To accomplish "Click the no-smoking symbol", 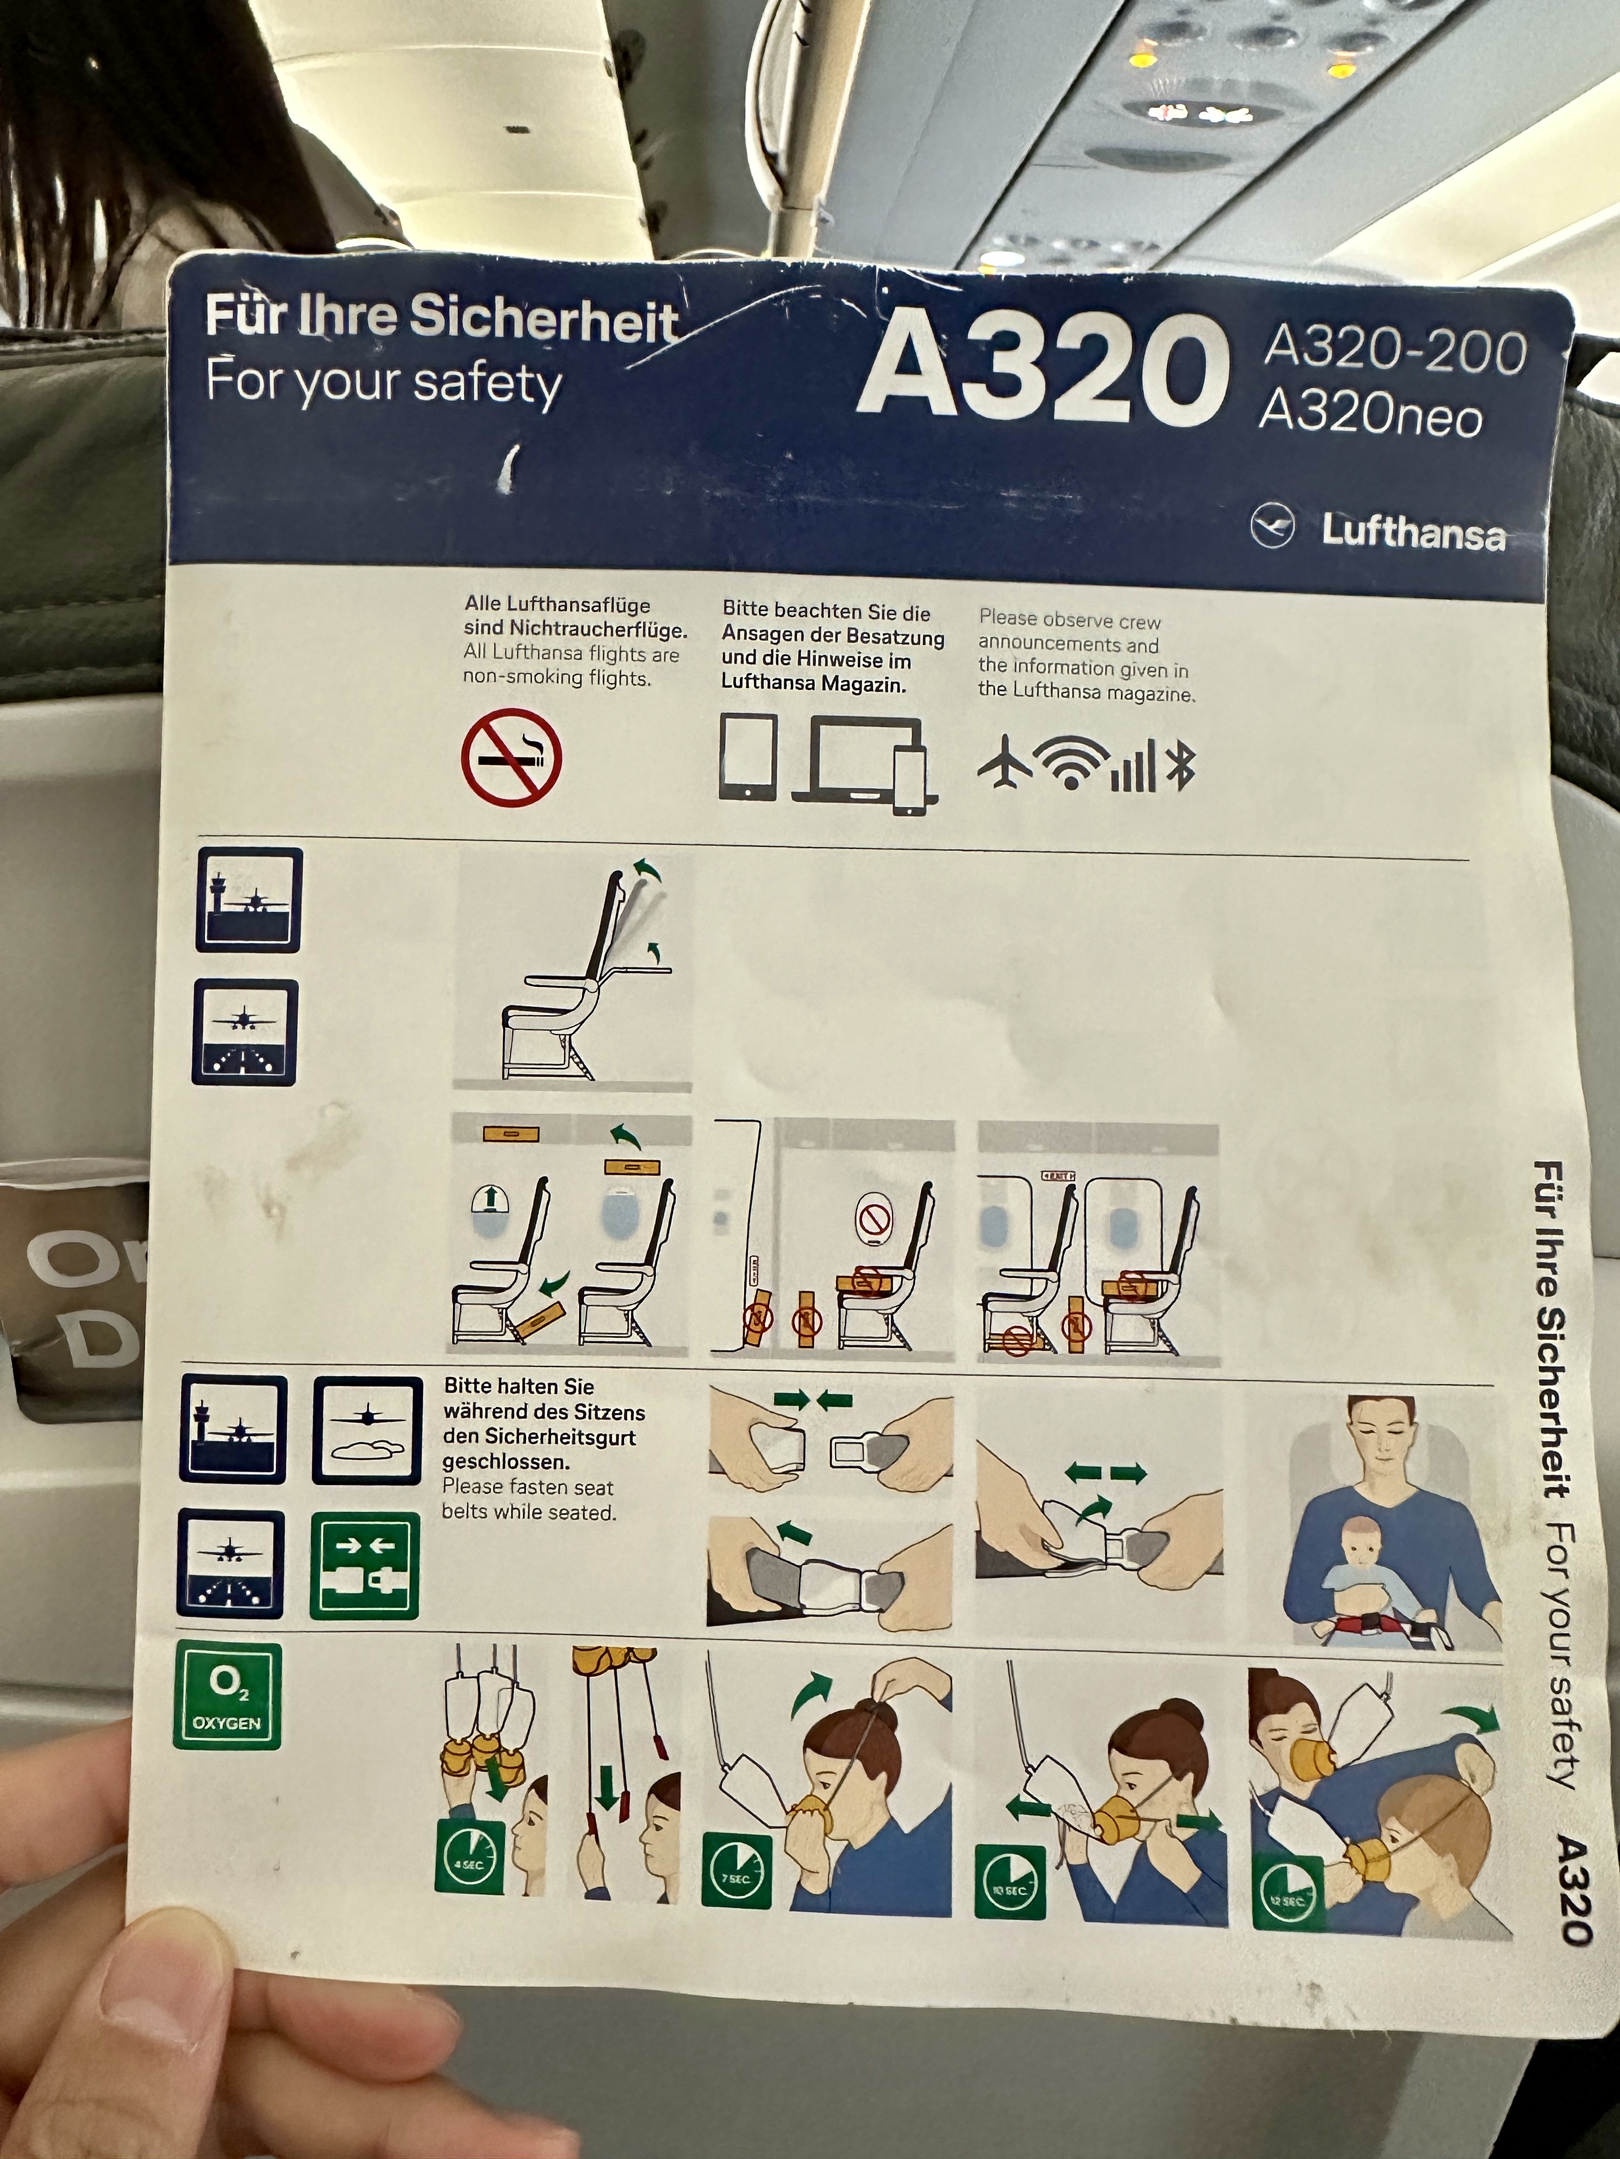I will click(511, 757).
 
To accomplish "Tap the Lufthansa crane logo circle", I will click(1272, 526).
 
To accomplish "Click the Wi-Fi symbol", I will click(1071, 761).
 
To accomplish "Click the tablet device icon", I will click(748, 757).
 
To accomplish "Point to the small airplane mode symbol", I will click(1004, 761).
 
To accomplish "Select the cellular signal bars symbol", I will click(1132, 764).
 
